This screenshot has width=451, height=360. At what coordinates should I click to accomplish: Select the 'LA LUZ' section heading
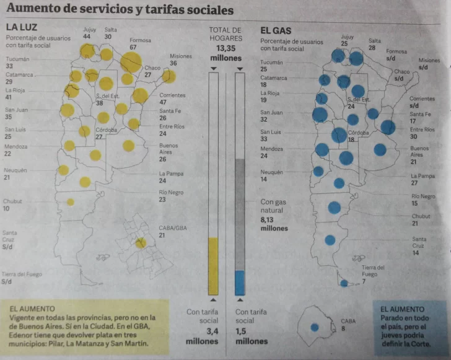coord(21,27)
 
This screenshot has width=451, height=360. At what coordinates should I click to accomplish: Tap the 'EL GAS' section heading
coord(276,30)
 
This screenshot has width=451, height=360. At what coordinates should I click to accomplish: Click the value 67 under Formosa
coord(133,47)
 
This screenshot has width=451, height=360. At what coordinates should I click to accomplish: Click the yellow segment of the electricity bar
coord(213,266)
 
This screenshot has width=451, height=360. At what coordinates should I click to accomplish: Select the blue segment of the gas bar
coord(240,283)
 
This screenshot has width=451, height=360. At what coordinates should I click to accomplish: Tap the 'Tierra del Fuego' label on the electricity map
coord(22,274)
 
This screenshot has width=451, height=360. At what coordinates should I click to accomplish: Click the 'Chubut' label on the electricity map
coord(12,201)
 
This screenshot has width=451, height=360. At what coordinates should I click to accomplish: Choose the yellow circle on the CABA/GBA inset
coord(141,243)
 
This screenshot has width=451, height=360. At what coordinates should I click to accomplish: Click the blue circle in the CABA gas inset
coord(315,327)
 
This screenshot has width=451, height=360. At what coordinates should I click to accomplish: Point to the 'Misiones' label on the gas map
coord(429,60)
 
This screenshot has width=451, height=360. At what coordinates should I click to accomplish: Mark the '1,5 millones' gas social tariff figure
coord(252,335)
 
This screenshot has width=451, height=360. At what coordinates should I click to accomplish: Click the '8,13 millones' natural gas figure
coord(274,223)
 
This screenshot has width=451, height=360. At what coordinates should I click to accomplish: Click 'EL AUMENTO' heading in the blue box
coord(403,309)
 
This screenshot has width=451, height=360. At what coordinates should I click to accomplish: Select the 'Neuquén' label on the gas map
coord(271,172)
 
